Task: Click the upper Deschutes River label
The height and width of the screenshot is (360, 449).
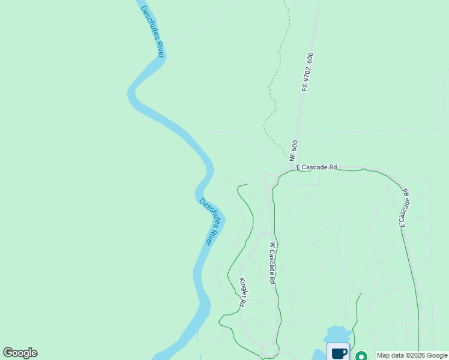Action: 152,31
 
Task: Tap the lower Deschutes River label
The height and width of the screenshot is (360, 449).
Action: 210,221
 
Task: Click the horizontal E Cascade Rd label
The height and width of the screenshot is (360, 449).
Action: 316,168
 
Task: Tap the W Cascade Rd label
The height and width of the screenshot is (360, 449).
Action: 272,263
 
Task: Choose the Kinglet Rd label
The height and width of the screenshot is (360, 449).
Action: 243,293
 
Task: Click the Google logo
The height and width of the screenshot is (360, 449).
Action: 20,353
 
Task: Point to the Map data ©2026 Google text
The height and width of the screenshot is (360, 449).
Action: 412,355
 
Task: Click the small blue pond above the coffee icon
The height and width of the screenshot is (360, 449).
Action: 338,334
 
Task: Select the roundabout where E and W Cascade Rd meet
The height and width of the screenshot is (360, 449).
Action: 270,179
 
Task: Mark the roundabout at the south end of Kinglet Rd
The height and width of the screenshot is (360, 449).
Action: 270,349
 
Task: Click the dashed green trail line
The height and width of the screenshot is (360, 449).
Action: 276,102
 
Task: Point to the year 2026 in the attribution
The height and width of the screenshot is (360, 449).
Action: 416,355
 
